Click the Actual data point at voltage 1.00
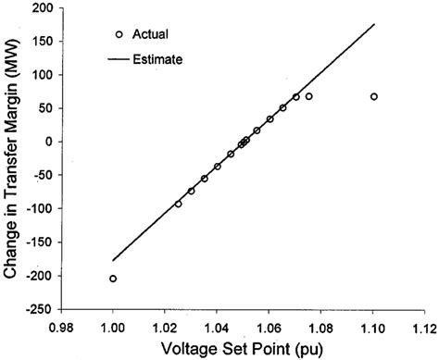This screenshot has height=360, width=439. tap(113, 279)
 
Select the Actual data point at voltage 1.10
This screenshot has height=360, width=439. tap(373, 96)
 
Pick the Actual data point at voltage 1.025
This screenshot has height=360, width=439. tap(178, 204)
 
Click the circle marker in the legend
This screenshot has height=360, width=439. tap(117, 34)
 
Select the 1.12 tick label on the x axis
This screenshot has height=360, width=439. tap(425, 327)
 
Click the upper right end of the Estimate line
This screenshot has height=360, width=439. tap(373, 24)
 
